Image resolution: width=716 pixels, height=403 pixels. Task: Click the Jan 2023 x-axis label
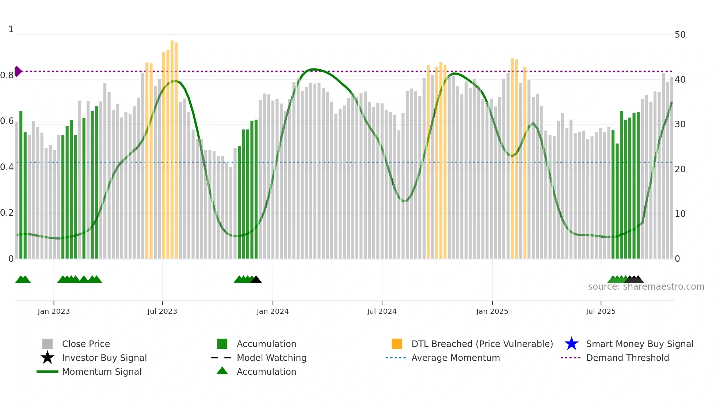pos(53,311)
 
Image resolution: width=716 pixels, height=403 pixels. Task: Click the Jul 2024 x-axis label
pos(382,311)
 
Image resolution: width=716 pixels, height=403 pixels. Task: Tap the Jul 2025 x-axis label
pos(601,311)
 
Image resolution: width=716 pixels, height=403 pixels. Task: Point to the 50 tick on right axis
pos(680,35)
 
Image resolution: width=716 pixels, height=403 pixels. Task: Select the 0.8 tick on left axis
pos(7,75)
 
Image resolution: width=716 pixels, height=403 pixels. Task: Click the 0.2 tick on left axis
pos(7,213)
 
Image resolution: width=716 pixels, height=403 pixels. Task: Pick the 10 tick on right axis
pos(680,214)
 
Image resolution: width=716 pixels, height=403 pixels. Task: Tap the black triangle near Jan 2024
pos(256,280)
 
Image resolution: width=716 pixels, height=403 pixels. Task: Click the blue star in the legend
pos(571,344)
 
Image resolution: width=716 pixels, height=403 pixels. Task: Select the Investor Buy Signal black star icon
pos(47,358)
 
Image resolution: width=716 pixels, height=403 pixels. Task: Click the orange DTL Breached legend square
pos(397,344)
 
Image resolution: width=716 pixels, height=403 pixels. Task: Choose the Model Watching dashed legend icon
pos(221,358)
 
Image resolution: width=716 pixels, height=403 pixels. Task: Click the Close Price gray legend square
pos(47,344)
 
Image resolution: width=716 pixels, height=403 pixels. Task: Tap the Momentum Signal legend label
pos(102,372)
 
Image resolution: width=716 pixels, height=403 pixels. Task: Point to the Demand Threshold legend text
pos(627,358)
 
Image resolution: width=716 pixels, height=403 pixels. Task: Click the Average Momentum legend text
pos(456,358)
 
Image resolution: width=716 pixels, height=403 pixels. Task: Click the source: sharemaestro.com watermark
pos(646,287)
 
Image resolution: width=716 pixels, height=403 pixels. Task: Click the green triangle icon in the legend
pos(222,371)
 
